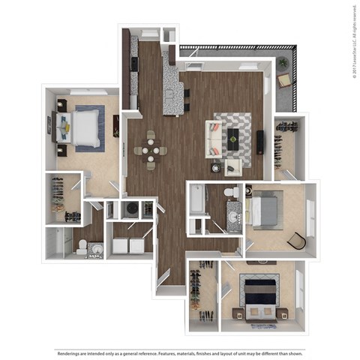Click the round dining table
click(151, 150)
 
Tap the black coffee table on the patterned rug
click(233, 136)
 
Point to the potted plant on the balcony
click(283, 63)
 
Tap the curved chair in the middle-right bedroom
click(297, 240)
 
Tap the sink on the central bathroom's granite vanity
click(233, 217)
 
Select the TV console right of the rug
click(260, 141)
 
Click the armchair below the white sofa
click(233, 165)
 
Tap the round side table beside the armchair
click(216, 166)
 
